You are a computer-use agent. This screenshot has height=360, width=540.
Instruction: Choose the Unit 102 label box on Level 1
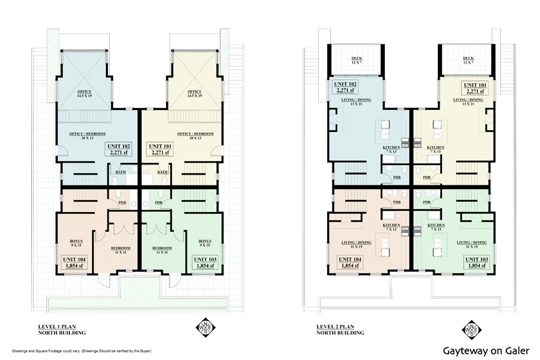coord(119,149)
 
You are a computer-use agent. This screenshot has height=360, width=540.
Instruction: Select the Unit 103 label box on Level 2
coord(476,263)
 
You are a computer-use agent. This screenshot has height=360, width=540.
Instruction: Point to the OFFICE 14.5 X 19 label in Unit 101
coord(194,93)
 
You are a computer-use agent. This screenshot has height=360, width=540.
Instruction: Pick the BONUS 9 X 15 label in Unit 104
coord(76,243)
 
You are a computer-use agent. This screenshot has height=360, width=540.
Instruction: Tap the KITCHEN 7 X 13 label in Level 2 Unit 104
coord(390,227)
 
